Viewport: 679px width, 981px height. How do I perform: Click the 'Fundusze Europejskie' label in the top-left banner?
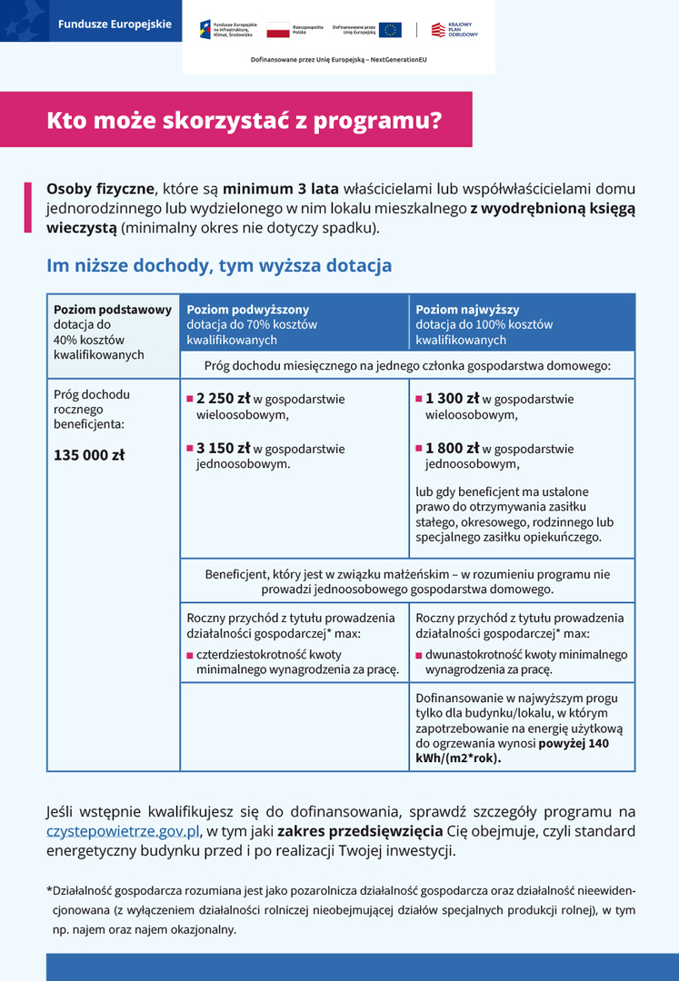115,25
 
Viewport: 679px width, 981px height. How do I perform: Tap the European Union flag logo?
391,30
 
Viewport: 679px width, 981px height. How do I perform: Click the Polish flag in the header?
278,30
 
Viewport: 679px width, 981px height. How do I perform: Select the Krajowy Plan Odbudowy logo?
454,30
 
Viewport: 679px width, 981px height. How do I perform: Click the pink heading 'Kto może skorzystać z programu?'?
245,120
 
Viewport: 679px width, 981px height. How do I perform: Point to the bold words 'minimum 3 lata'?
281,190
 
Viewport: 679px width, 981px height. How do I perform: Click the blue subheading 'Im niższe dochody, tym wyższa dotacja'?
219,266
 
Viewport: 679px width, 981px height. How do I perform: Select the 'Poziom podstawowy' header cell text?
113,310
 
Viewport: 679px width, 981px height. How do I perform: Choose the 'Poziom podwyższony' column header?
248,310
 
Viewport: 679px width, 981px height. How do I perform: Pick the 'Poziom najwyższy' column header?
468,310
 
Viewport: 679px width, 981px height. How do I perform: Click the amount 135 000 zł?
89,455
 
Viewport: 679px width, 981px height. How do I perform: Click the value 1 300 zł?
453,398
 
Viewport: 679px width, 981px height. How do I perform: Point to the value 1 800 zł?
453,448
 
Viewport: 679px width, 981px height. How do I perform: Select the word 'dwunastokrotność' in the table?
476,654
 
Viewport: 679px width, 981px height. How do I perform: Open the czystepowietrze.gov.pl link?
123,831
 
